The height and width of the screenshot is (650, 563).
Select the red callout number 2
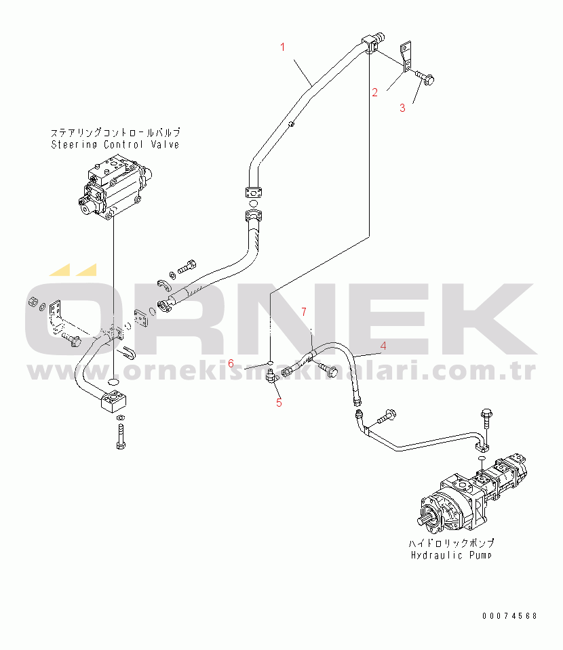tap(374, 92)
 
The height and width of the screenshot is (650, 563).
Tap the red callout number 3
tap(402, 107)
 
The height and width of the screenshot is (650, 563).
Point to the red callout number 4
tap(383, 346)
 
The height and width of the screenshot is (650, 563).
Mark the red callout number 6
tap(231, 363)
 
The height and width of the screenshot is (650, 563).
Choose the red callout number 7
tap(304, 312)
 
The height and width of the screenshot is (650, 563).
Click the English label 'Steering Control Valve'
tap(115, 144)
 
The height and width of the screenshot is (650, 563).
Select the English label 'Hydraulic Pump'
tap(452, 555)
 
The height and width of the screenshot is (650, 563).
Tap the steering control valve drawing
tap(112, 186)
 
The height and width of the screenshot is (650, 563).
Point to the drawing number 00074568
tap(509, 615)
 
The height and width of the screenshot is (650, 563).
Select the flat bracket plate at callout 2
tap(406, 57)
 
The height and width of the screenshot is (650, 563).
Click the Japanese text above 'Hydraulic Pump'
tap(451, 544)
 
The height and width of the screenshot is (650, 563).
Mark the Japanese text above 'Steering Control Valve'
tap(115, 133)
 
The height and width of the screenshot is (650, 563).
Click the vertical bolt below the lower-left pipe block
tap(119, 434)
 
